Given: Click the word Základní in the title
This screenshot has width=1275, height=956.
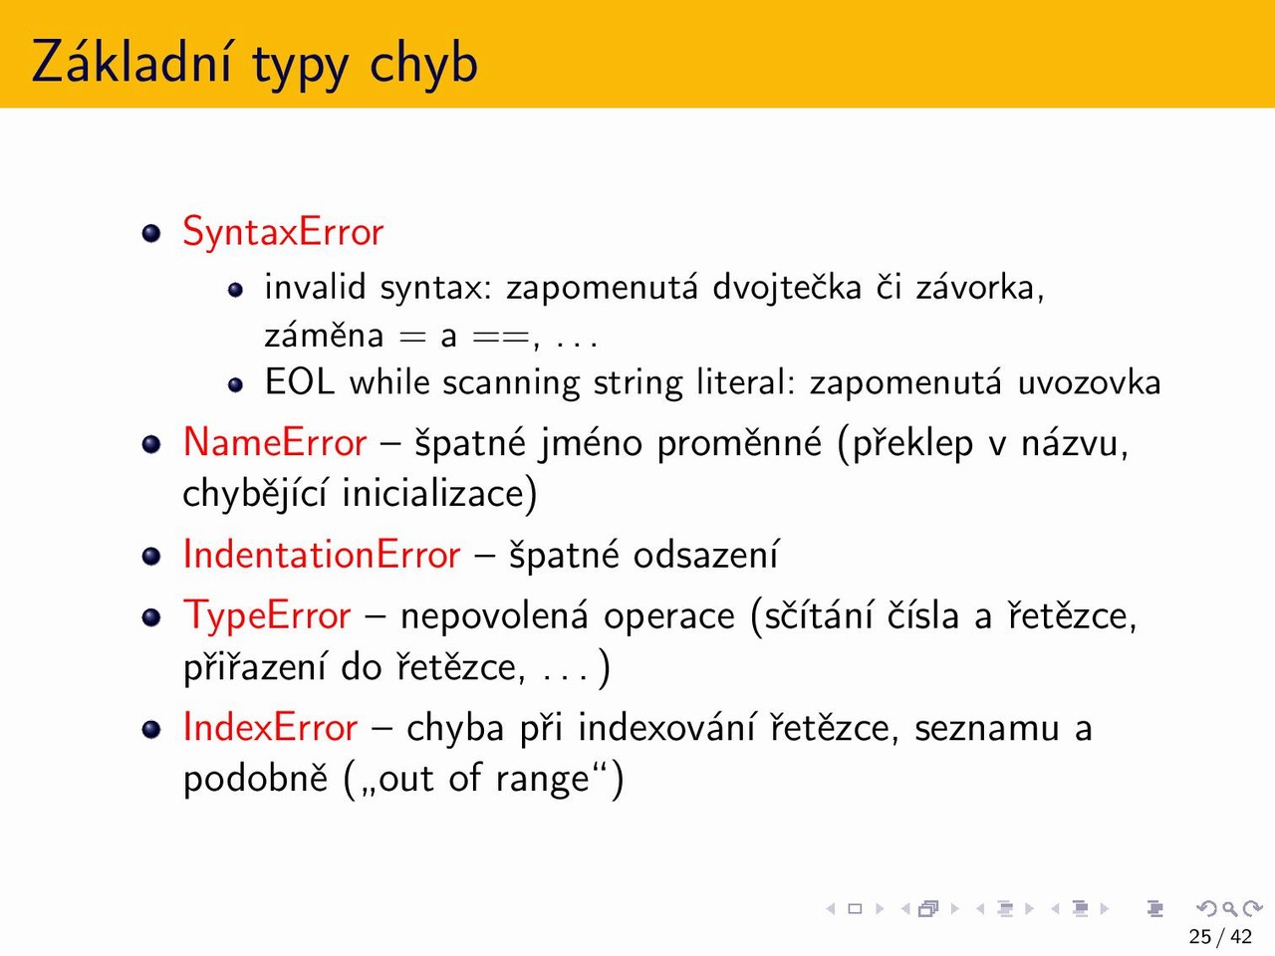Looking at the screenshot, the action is pos(132,60).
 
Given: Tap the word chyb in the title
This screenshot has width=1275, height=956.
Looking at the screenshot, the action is pos(423,61).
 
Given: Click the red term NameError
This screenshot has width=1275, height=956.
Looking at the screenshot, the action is pos(275,443).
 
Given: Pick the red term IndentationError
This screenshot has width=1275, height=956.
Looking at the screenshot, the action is pos(322,555).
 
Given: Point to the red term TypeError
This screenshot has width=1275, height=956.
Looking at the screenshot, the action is pos(267,616).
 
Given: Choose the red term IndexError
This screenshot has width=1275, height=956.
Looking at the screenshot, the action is pos(270,727).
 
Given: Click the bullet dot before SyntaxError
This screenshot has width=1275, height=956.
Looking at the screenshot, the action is pos(151,233).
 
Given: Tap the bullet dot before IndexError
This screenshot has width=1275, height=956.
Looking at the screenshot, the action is pos(151,729).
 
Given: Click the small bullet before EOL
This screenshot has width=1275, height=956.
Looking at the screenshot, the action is pos(235,384).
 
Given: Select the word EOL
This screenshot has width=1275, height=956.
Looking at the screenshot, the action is pos(299,382).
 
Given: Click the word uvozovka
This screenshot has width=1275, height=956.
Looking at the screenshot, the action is pos(1089,383).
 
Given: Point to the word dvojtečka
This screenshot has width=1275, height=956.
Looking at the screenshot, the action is pos(787,288).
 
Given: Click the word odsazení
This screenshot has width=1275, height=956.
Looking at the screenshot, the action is pos(705,555).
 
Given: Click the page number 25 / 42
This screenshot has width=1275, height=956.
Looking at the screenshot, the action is pos(1220,937).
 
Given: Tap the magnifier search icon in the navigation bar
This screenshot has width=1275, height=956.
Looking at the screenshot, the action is pos(1229,908).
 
